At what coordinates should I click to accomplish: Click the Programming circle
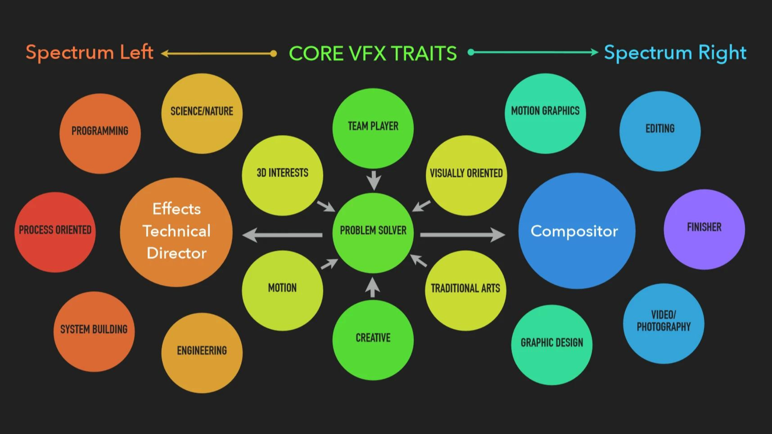(100, 133)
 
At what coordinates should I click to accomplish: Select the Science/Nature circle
(202, 113)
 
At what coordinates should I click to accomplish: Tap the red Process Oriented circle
(55, 232)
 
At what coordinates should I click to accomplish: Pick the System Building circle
(94, 331)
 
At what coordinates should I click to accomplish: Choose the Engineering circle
(202, 352)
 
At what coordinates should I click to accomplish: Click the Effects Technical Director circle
(176, 232)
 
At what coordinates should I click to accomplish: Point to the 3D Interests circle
(282, 175)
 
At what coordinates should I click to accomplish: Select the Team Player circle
(373, 128)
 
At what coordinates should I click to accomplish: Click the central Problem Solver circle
(373, 233)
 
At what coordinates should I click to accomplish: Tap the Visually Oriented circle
(466, 175)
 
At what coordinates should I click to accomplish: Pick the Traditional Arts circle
(465, 290)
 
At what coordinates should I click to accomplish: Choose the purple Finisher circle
(704, 229)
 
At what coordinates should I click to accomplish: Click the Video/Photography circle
(663, 323)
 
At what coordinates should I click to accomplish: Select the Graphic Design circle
(552, 344)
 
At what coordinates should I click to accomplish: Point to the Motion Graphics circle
(545, 113)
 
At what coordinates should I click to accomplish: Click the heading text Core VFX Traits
(373, 53)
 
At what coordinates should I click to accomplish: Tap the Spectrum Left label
(90, 53)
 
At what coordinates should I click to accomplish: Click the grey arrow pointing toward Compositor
(462, 235)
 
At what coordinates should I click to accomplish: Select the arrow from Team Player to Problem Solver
(374, 180)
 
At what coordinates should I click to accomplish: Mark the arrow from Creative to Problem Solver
(372, 287)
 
